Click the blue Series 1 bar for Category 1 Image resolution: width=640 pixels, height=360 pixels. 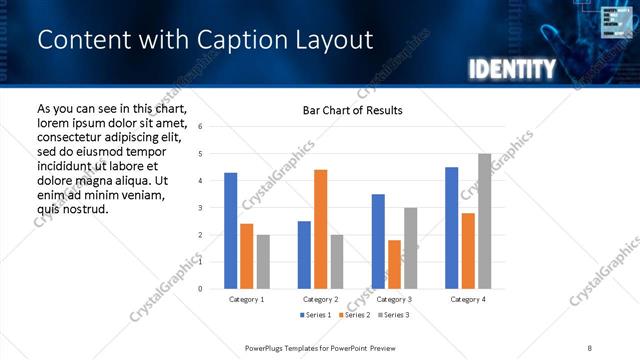coord(231,231)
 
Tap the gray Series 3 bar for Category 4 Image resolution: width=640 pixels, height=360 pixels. coord(484,221)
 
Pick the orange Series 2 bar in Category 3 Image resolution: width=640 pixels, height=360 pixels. coord(394,264)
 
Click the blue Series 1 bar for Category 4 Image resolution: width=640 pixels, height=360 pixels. coord(451,228)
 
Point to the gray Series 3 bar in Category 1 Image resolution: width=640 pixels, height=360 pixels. coord(263,262)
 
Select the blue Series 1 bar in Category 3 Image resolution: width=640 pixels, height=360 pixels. coord(378,241)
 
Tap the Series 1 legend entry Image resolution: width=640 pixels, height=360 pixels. coord(320,315)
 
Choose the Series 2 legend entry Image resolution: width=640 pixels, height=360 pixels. coord(355,315)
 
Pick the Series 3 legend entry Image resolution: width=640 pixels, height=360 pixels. coord(391,315)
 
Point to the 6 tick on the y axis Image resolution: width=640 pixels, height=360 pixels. coord(201,127)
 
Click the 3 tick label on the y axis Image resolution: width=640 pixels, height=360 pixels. coord(201,208)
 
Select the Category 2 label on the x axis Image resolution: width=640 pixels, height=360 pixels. coord(320,299)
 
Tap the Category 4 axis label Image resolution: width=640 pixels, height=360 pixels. coord(467,299)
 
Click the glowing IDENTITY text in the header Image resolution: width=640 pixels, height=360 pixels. coord(511,69)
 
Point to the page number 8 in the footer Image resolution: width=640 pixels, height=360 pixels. coord(589,347)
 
